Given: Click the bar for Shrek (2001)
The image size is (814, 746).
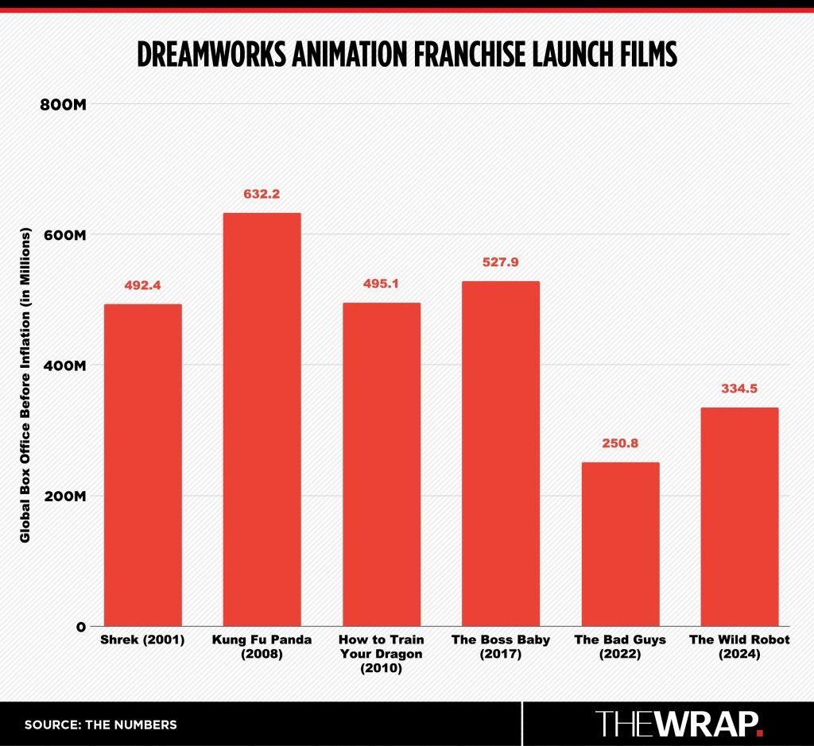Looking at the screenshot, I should point(142,465).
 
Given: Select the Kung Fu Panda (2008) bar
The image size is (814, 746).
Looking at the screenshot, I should point(262,419).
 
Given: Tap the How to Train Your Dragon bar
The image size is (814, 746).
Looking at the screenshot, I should point(381,464).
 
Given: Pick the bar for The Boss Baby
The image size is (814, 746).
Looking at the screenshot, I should point(500,453).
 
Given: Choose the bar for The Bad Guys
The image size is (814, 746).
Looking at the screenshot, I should point(620,543).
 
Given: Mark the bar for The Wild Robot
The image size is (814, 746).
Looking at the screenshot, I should point(739,516).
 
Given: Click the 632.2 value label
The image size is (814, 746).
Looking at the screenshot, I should point(262,194).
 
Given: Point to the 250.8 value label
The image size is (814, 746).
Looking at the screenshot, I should point(620,443).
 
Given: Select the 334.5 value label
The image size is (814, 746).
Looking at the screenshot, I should point(739,388).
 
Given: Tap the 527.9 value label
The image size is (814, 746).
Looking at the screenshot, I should point(500,262).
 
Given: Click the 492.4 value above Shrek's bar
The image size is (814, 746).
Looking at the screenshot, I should point(142,285).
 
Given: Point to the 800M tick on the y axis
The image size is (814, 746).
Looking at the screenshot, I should point(63,105).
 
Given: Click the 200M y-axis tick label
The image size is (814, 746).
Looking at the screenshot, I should point(63,496).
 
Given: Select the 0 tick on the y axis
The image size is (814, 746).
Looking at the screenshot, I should point(80,626).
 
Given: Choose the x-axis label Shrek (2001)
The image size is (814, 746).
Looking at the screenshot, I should point(142,640).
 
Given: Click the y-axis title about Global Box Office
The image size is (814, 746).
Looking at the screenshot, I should point(25,385).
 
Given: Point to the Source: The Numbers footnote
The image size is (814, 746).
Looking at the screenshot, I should point(100,725).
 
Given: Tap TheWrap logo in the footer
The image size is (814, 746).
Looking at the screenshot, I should point(680,723).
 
